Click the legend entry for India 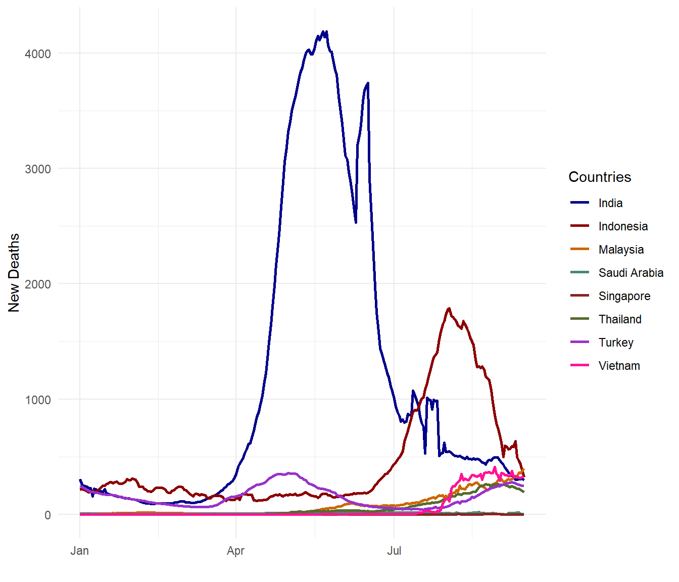[610, 203]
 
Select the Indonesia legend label [623, 226]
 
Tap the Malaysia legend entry [621, 250]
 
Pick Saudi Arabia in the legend [630, 273]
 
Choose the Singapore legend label [624, 296]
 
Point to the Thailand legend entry [620, 319]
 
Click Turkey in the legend [615, 343]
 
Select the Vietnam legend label [619, 366]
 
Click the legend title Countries [600, 177]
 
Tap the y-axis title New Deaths [14, 273]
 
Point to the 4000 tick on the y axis [38, 54]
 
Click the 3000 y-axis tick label [38, 169]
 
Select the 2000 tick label [38, 284]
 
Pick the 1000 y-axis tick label [38, 400]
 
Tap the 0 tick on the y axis [47, 515]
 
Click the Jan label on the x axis [80, 551]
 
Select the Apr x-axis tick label [236, 551]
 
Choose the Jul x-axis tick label [394, 551]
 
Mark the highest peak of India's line [326, 31]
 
